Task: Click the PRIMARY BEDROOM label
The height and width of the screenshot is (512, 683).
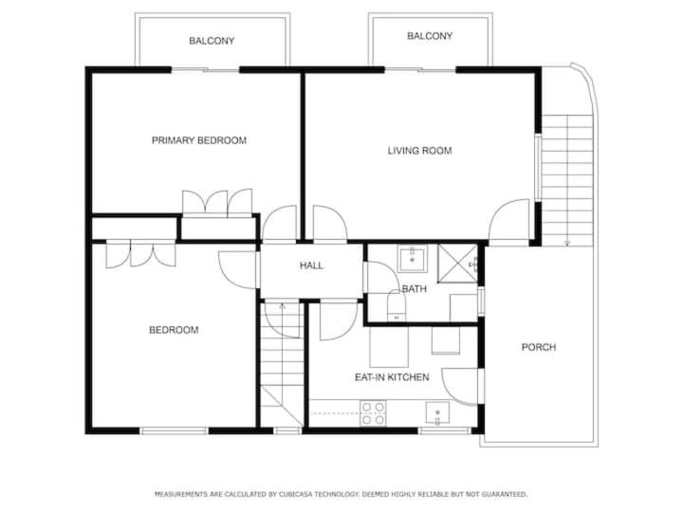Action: (199, 140)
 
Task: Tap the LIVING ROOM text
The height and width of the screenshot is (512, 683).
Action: (419, 151)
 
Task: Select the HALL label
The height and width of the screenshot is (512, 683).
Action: (311, 265)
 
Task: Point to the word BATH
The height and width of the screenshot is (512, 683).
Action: (414, 288)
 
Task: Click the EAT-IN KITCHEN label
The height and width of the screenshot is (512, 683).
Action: (392, 377)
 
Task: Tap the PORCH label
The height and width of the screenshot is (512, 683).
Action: (539, 347)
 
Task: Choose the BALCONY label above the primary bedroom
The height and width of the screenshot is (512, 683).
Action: (212, 41)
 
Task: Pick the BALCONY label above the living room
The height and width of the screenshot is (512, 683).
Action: (430, 36)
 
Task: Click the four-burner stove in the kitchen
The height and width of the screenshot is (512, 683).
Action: (373, 413)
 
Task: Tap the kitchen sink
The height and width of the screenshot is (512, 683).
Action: (437, 413)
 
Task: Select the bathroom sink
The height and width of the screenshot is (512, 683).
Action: (412, 258)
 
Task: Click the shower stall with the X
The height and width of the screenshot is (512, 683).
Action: (458, 264)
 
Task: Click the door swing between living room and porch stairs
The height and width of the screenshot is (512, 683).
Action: (508, 220)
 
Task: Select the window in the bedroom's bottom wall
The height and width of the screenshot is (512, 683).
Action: (174, 430)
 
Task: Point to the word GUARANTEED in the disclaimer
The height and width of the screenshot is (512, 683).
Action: (505, 494)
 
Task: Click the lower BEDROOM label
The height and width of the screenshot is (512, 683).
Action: (174, 330)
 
